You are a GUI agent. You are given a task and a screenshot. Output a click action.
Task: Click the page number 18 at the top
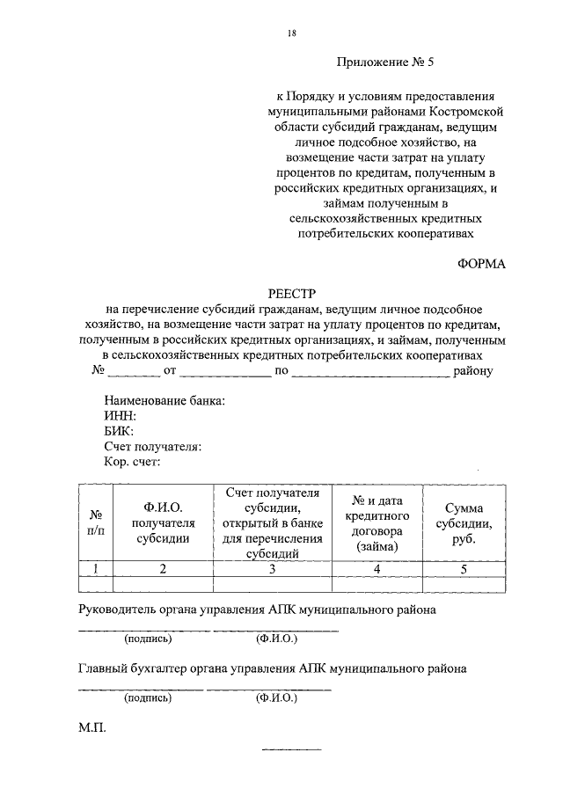(291, 33)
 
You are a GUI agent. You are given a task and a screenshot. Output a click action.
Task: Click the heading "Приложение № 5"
(385, 62)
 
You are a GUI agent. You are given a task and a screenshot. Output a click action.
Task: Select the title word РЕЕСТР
(290, 292)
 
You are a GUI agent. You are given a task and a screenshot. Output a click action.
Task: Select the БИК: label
(119, 431)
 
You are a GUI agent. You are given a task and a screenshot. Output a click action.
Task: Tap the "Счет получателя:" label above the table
(152, 446)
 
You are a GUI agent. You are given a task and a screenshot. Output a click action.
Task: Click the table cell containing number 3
(272, 569)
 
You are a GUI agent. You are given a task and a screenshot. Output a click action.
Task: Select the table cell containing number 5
(464, 569)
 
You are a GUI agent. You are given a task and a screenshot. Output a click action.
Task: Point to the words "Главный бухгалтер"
(130, 668)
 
